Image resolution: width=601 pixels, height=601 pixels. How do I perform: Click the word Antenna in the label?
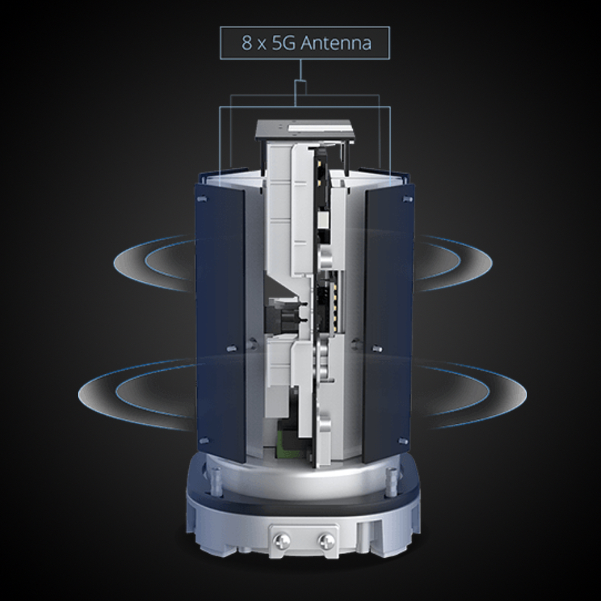click(x=336, y=43)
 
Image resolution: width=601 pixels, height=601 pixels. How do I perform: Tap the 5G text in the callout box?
click(x=284, y=43)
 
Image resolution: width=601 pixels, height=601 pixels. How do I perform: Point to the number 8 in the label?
click(x=246, y=43)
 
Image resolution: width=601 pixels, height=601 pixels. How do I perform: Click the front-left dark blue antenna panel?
click(x=221, y=322)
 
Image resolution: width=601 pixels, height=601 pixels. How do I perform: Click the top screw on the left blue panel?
click(x=202, y=198)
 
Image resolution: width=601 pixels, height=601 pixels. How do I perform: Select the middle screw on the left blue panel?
click(x=232, y=349)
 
